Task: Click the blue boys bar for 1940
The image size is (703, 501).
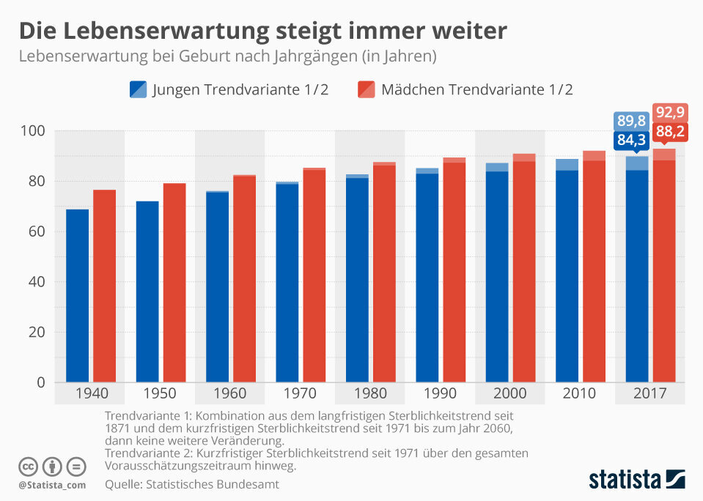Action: [x=77, y=296]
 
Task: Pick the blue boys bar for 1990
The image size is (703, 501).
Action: [x=427, y=278]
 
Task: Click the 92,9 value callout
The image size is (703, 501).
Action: [x=669, y=114]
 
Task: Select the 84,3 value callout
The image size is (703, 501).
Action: [x=631, y=139]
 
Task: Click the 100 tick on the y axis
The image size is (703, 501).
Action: [x=34, y=131]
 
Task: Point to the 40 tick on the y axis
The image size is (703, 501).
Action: [x=37, y=282]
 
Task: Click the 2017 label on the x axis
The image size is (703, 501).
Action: [x=649, y=393]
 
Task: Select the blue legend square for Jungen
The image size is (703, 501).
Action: [x=138, y=89]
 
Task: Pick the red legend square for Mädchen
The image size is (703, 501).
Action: [x=367, y=89]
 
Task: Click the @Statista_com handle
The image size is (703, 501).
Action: [x=52, y=484]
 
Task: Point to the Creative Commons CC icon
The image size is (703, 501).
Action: [x=28, y=467]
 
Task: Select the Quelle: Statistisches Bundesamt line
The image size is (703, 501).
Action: [x=192, y=484]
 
